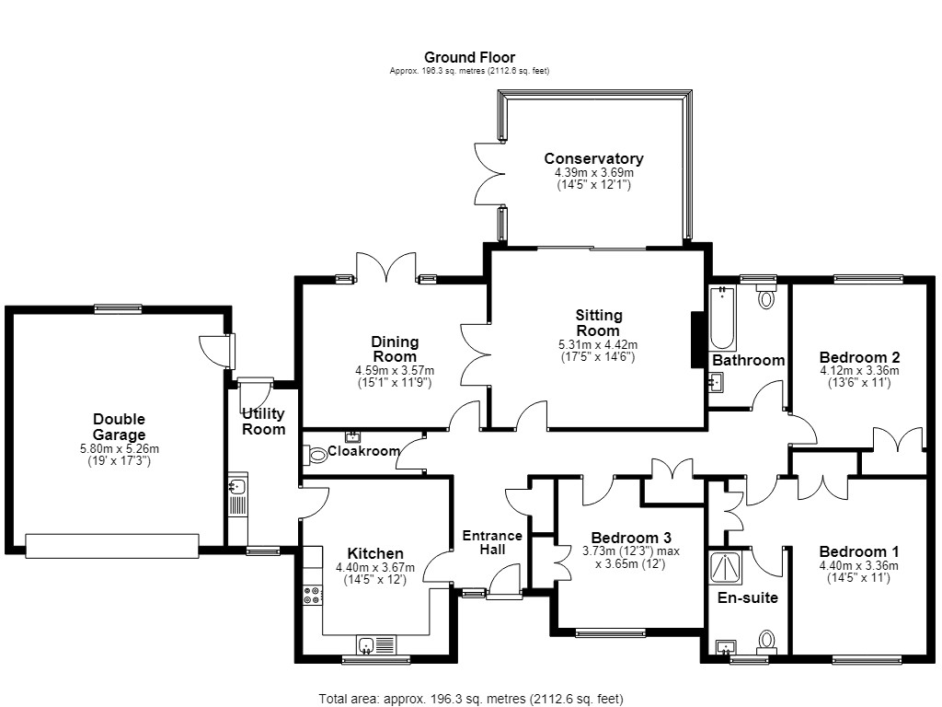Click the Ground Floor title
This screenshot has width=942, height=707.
(x=469, y=57)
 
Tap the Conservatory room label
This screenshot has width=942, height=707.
(x=593, y=158)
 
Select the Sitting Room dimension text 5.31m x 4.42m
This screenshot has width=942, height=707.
(x=598, y=345)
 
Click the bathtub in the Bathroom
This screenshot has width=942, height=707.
(x=722, y=318)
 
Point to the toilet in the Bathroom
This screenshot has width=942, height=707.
(x=766, y=295)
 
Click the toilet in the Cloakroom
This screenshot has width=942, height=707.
(x=316, y=455)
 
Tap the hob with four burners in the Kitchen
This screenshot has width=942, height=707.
(x=313, y=596)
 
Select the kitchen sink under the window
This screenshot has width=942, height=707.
(x=376, y=645)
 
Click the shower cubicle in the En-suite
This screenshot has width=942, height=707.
(x=726, y=567)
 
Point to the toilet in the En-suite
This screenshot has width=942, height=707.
(x=766, y=642)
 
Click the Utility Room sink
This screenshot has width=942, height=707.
(x=237, y=485)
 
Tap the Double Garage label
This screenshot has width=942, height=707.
(x=119, y=427)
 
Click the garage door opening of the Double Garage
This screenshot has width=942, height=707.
(x=112, y=546)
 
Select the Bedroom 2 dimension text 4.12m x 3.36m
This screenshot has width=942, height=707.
(x=859, y=371)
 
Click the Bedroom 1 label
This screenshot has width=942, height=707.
(x=859, y=552)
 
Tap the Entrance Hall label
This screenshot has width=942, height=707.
(x=492, y=542)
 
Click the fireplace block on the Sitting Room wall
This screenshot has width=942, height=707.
(x=697, y=340)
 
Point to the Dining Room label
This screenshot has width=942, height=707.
(x=395, y=349)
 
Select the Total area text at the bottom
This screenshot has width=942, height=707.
(x=471, y=699)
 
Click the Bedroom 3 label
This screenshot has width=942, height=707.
(x=631, y=538)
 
